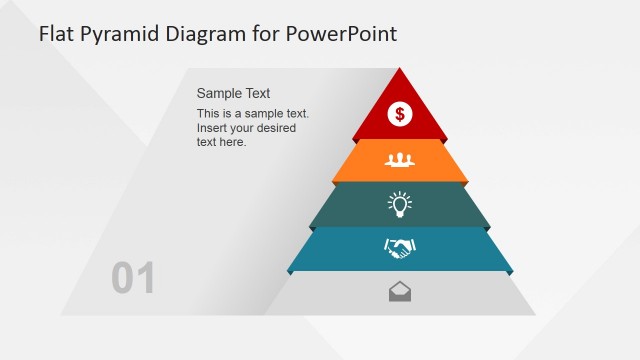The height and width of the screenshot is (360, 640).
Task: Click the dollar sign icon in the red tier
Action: point(400,114)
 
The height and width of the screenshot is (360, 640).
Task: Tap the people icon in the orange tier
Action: point(400,159)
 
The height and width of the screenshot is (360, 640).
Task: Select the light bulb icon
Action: point(400,204)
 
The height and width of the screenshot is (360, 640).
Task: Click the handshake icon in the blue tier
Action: point(400,248)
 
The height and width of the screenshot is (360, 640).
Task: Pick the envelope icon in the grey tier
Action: point(400,292)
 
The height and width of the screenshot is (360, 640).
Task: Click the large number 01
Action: point(133,279)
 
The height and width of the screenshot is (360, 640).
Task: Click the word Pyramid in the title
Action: point(124,35)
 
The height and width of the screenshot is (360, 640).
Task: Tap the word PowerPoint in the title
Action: point(341,34)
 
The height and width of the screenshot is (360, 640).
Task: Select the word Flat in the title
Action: point(58,34)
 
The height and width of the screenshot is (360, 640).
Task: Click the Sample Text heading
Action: point(233,93)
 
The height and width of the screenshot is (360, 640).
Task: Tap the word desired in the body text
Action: point(286,128)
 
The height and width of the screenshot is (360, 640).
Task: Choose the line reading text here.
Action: point(221,142)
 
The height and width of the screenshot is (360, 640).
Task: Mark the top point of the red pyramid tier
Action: point(400,69)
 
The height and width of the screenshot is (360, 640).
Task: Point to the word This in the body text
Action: point(209,114)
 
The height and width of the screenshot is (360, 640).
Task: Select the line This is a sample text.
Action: point(253,114)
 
